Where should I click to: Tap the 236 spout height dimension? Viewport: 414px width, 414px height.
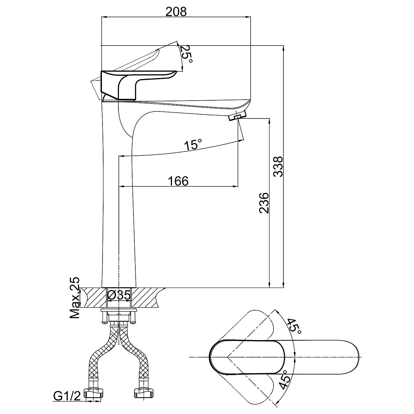(x=264, y=203)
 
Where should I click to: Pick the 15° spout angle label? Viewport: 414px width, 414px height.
(x=193, y=144)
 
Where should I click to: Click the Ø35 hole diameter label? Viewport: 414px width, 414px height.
(x=118, y=295)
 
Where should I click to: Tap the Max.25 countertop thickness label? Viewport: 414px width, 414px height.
(x=75, y=297)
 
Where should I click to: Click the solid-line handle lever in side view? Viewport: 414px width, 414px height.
(x=138, y=85)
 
